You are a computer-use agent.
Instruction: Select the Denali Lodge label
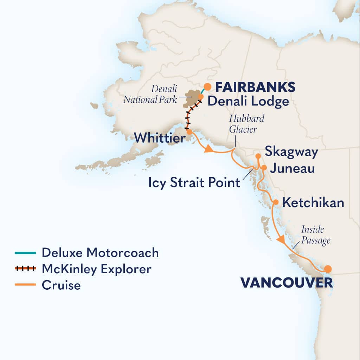point(248,102)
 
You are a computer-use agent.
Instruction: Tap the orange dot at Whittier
point(189,132)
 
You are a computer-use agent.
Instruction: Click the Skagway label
point(291,152)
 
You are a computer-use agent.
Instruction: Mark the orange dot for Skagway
point(258,156)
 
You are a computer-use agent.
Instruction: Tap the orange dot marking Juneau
point(264,167)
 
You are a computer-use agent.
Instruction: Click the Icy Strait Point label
point(193,183)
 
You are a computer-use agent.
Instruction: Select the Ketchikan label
point(313,203)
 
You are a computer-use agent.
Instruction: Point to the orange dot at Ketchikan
point(276,202)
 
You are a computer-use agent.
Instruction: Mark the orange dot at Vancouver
point(328,269)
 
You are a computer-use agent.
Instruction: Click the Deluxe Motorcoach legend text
point(100,252)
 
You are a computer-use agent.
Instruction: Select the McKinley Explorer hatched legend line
point(25,269)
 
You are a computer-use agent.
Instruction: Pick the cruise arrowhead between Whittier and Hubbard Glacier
point(208,149)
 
